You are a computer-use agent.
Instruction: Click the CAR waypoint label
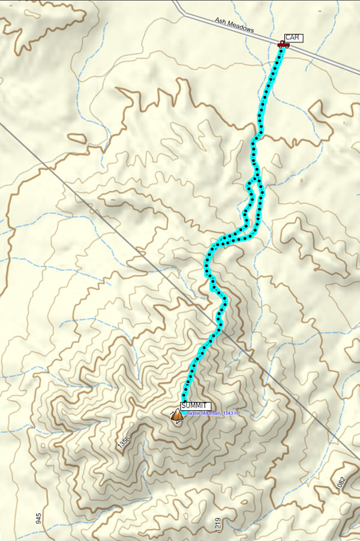[x=293, y=38]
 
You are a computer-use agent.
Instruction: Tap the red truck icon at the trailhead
[x=283, y=44]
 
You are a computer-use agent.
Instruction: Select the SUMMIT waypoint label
[x=196, y=405]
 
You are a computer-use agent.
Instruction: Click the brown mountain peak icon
[x=176, y=416]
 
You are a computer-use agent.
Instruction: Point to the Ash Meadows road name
[x=235, y=25]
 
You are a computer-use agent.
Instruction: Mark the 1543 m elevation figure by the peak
[x=230, y=413]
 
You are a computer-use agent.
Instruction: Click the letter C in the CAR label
[x=288, y=38]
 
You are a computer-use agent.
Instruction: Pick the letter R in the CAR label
[x=298, y=38]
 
